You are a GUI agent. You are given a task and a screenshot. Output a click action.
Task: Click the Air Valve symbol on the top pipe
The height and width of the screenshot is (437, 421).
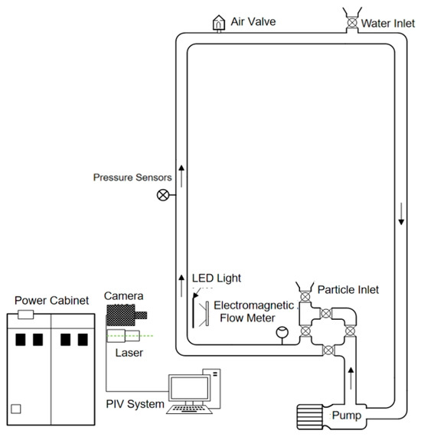219,23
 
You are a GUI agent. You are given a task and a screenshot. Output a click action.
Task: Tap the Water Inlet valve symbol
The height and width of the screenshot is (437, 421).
352,22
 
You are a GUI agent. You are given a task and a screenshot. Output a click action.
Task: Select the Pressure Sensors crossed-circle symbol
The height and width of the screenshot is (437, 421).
163,195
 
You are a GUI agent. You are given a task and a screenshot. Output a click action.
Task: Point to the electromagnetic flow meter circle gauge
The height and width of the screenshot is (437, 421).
282,332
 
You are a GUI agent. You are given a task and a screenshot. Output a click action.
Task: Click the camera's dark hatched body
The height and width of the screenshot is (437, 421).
121,315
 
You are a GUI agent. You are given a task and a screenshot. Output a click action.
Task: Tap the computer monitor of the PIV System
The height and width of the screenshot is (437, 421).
189,388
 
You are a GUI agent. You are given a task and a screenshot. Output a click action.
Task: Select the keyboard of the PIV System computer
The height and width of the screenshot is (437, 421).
189,409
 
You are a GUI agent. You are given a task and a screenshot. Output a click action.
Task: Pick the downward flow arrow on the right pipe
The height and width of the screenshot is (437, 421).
401,214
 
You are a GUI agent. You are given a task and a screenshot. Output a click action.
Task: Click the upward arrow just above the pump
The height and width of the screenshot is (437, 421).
351,379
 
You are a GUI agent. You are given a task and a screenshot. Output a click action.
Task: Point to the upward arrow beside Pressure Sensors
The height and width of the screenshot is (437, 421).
181,176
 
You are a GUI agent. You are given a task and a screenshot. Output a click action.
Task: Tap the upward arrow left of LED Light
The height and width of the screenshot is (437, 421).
181,285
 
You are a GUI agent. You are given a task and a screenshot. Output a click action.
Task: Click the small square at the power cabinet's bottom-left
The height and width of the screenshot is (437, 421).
16,409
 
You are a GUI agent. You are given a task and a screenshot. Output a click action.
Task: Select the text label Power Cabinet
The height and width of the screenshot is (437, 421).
51,301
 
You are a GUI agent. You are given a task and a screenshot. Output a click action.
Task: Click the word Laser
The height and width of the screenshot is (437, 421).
129,353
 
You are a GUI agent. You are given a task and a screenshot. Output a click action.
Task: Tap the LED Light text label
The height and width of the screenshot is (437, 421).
217,278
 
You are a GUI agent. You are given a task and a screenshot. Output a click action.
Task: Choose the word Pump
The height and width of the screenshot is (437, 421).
347,416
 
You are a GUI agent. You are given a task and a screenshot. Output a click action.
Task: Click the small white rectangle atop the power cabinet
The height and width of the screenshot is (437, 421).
26,315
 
